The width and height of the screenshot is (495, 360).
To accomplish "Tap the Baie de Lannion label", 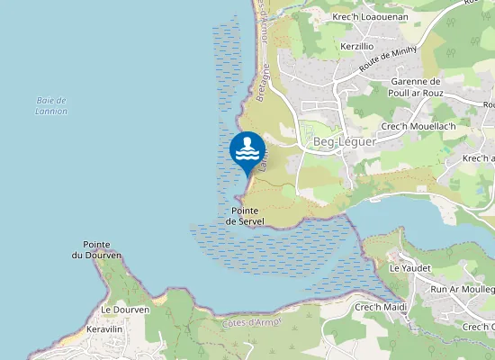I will click(52, 105).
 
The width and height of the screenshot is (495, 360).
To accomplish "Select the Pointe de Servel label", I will click(243, 215).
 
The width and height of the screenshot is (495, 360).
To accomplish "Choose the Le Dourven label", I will click(118, 310).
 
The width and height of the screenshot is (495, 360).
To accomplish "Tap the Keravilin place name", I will click(104, 330).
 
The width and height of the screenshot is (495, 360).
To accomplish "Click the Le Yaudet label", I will click(409, 268).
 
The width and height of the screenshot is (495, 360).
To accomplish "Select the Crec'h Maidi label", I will click(381, 308).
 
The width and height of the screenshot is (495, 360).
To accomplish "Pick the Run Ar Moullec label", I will click(463, 289).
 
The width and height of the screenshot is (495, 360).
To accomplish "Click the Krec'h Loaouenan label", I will click(370, 17).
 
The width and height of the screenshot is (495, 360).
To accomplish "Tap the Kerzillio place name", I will click(357, 46).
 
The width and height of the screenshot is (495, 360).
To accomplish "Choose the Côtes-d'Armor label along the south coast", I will click(252, 322).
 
